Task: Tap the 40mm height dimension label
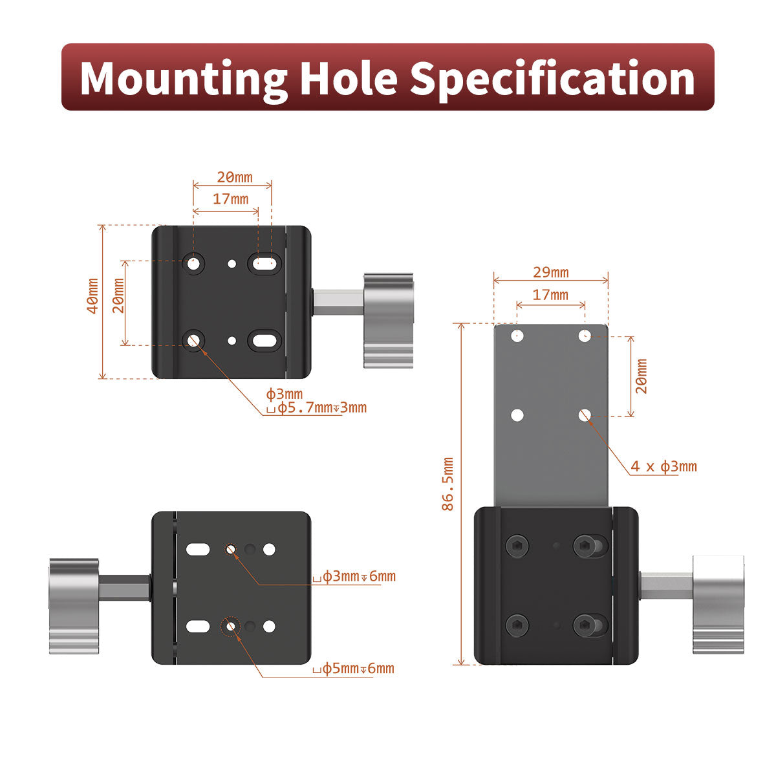[x=93, y=296]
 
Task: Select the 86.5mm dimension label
[x=447, y=484]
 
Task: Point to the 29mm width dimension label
[x=551, y=273]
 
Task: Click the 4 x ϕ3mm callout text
[x=663, y=466]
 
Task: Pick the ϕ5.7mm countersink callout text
[x=316, y=407]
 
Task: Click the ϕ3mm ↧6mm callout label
[x=354, y=576]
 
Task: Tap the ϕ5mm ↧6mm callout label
[x=354, y=669]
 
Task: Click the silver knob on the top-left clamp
[x=388, y=321]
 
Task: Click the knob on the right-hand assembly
[x=718, y=605]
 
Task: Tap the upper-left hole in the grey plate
[x=517, y=336]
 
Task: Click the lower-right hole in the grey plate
[x=585, y=415]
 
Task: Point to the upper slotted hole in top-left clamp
[x=264, y=264]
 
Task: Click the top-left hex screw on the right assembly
[x=517, y=546]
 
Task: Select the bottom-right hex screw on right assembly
[x=585, y=625]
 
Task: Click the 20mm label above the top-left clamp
[x=235, y=177]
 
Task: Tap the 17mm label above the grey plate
[x=550, y=295]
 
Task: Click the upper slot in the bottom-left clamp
[x=198, y=549]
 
